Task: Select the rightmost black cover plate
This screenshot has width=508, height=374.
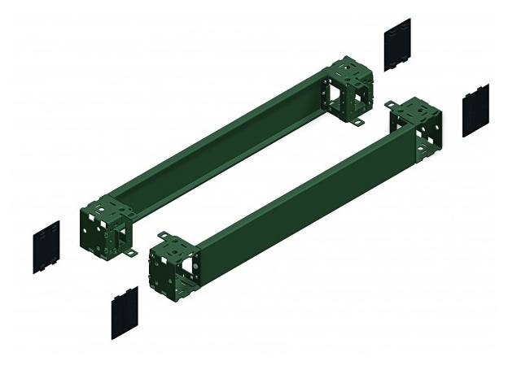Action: (x=475, y=109)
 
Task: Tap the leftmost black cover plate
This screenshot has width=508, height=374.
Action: (x=46, y=245)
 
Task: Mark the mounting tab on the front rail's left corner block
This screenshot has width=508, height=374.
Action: (x=163, y=237)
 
